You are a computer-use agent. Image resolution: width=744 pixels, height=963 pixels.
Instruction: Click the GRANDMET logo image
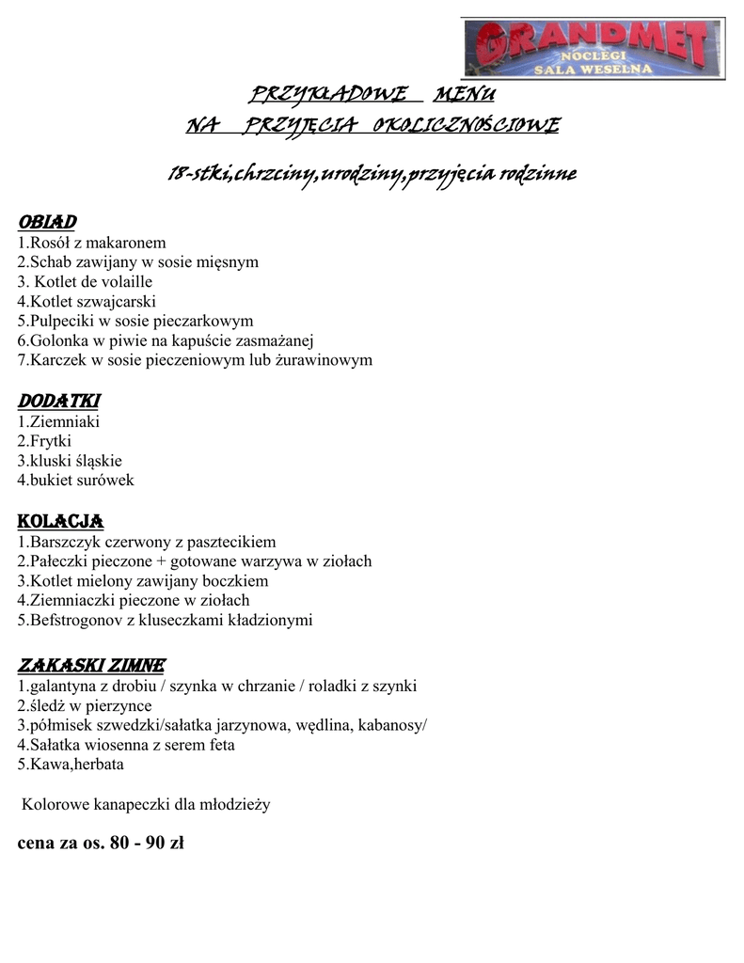594,47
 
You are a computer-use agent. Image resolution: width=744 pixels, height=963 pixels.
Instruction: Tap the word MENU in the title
463,95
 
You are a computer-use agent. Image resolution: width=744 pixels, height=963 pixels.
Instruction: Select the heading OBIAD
46,221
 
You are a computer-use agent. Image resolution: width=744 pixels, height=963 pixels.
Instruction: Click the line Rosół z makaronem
91,242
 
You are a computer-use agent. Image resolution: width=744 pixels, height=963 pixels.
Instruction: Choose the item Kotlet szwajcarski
87,301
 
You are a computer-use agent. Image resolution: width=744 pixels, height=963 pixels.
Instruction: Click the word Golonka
59,340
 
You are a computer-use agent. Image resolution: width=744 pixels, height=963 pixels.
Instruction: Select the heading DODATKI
58,401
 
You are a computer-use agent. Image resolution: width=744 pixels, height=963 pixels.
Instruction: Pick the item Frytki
45,440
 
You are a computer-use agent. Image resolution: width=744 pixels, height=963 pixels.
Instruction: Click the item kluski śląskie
70,461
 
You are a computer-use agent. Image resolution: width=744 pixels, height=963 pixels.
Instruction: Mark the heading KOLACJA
60,521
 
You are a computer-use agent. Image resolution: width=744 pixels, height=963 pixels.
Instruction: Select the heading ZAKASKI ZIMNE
92,665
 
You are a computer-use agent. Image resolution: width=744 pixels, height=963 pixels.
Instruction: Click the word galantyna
63,686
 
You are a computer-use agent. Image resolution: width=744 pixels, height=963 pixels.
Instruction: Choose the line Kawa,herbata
71,765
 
